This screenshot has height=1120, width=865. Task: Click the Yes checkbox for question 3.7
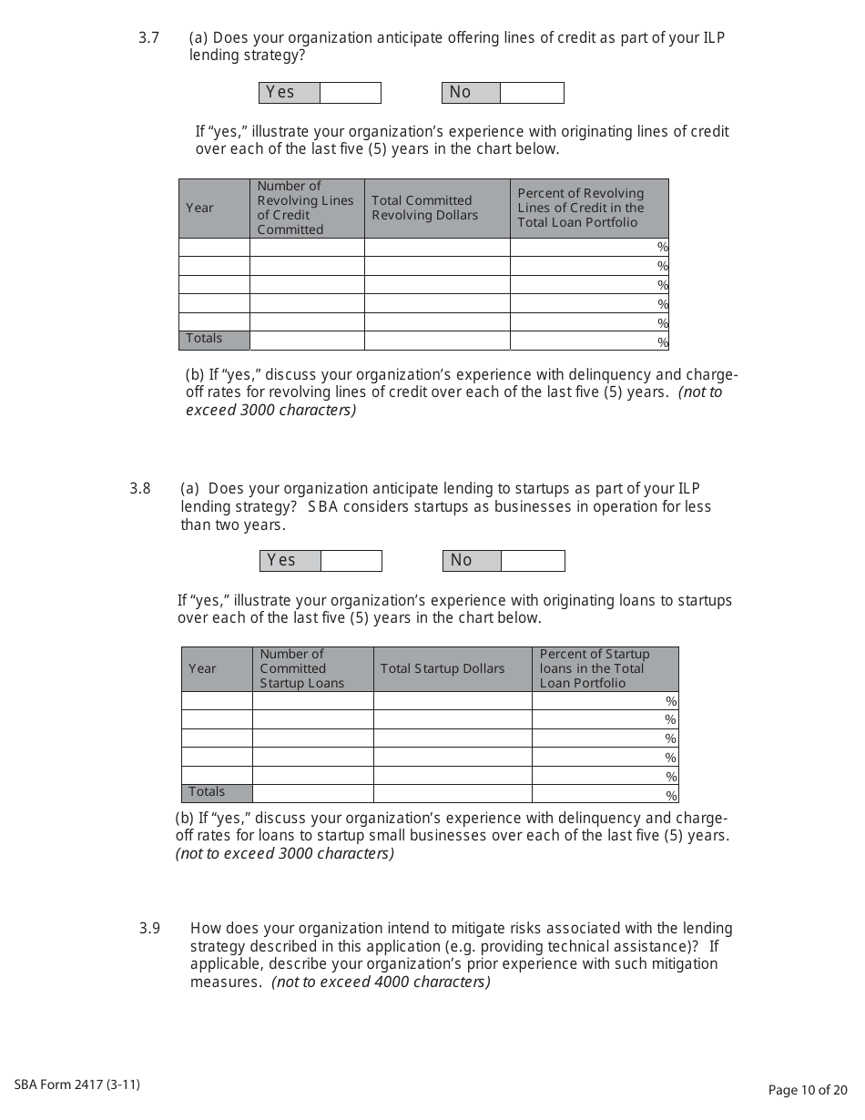pyautogui.click(x=350, y=93)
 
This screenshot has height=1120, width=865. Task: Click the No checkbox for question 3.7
pyautogui.click(x=532, y=93)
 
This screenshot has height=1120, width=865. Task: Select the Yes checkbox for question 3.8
pyautogui.click(x=351, y=561)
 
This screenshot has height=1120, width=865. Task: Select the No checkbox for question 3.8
pyautogui.click(x=533, y=561)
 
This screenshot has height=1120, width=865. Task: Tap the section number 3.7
pyautogui.click(x=148, y=38)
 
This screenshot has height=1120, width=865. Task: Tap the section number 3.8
pyautogui.click(x=140, y=488)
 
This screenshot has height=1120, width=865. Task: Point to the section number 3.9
pyautogui.click(x=149, y=929)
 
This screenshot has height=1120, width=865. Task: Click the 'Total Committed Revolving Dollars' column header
pyautogui.click(x=424, y=209)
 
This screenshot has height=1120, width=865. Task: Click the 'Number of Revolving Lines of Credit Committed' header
pyautogui.click(x=305, y=209)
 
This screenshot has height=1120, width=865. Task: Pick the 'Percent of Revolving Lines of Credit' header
pyautogui.click(x=581, y=208)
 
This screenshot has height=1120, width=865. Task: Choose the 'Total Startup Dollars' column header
pyautogui.click(x=442, y=669)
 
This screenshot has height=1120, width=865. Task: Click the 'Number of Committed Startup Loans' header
pyautogui.click(x=302, y=669)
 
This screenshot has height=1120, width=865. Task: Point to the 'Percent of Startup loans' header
pyautogui.click(x=595, y=669)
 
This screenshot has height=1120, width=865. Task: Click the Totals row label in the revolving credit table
pyautogui.click(x=204, y=339)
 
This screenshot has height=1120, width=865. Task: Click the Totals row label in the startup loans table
pyautogui.click(x=207, y=792)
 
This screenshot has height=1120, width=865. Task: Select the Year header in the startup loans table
pyautogui.click(x=202, y=669)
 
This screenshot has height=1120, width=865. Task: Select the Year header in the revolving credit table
pyautogui.click(x=199, y=209)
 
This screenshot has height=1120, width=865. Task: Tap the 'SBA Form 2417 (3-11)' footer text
pyautogui.click(x=77, y=1084)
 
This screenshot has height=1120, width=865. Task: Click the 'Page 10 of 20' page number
pyautogui.click(x=808, y=1090)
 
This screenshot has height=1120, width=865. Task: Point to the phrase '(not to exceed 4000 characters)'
pyautogui.click(x=381, y=983)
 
